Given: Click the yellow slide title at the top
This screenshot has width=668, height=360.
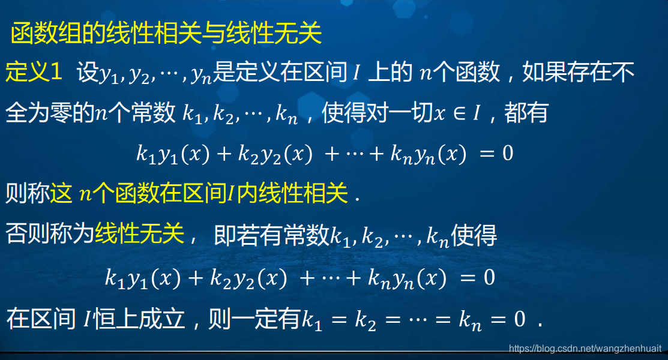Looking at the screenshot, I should point(167,34).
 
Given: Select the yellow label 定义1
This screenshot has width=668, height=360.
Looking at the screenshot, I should point(34,73).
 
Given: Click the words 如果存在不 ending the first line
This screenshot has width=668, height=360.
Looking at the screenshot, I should point(579,73).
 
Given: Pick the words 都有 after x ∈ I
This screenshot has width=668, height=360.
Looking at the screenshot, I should point(526,113).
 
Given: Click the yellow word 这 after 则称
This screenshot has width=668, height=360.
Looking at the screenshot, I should point(61,194).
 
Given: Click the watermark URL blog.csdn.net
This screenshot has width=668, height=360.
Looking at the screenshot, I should point(585,349).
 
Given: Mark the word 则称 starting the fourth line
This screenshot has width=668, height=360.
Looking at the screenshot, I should point(26,194).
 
